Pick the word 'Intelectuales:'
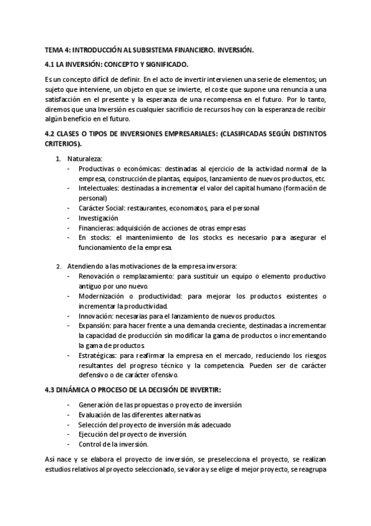(x=98, y=189)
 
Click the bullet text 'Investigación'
(x=98, y=218)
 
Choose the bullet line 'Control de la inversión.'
(x=113, y=444)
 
